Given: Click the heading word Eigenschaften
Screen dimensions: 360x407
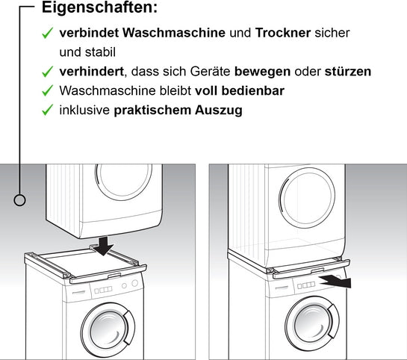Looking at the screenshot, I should (99, 10).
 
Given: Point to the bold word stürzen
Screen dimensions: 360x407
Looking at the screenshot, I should (347, 72).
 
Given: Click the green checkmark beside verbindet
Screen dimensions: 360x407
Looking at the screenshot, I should (47, 34).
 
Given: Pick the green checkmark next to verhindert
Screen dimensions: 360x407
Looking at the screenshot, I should (47, 72).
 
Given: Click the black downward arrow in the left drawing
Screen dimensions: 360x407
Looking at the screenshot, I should (105, 243).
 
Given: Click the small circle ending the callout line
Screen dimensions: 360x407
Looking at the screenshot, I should (21, 199).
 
